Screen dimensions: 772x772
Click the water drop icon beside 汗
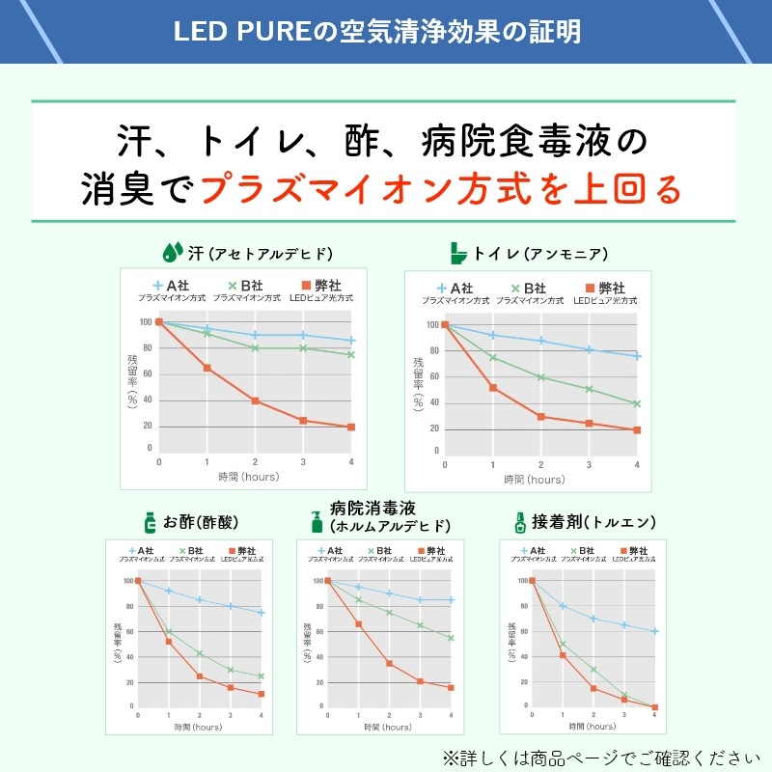[x=173, y=253]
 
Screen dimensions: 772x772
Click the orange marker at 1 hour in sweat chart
[x=207, y=368]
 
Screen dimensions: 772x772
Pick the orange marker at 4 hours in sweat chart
[x=351, y=427]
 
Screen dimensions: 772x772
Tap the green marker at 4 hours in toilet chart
[x=637, y=403]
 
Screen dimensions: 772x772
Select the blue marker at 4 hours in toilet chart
[x=637, y=356]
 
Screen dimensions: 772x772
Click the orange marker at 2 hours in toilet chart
[x=540, y=417]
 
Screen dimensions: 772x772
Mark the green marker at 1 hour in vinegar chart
[x=169, y=632]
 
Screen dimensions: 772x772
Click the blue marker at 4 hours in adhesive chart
[x=655, y=631]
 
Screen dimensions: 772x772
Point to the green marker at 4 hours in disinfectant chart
[x=451, y=638]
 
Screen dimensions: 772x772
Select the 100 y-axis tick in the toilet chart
[x=431, y=325]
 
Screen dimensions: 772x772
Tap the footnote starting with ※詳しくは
[x=594, y=756]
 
